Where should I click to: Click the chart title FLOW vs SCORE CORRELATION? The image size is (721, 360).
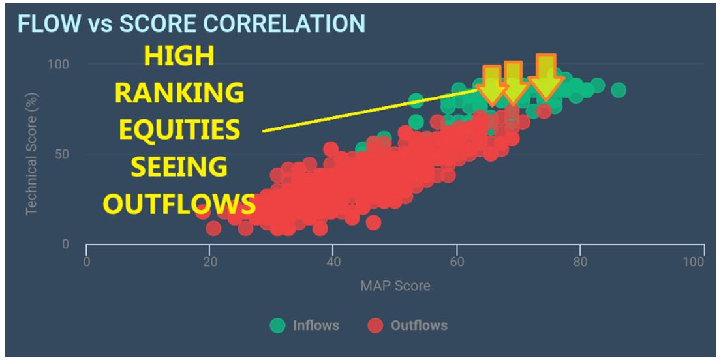[191, 23]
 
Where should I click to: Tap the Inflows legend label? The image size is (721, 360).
[316, 325]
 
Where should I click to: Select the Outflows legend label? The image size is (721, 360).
[419, 325]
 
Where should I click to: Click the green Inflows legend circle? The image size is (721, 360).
[279, 325]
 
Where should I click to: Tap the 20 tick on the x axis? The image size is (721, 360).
[209, 262]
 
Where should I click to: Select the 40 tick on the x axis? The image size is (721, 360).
[333, 262]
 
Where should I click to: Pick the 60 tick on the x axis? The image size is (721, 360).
[457, 262]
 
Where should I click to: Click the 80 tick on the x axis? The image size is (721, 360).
[580, 262]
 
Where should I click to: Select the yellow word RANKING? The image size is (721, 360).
[179, 94]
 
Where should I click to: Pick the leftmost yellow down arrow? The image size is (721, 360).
[493, 85]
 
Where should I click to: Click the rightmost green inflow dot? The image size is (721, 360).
[619, 89]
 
